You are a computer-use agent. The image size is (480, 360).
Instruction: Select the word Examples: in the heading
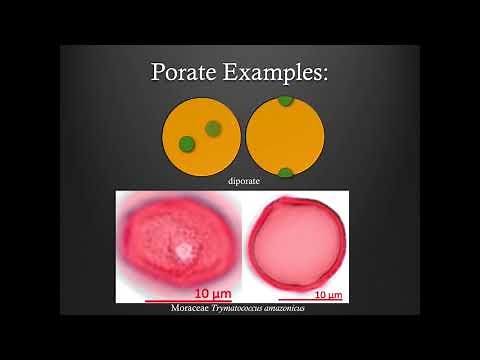click(x=279, y=73)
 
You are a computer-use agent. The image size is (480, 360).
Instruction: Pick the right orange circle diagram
click(x=285, y=137)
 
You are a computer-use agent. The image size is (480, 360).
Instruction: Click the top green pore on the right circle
click(x=285, y=100)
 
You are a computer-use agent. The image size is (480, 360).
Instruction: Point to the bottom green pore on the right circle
click(x=285, y=173)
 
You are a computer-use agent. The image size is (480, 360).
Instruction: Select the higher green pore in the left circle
click(x=213, y=128)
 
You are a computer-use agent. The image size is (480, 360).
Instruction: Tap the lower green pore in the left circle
click(x=186, y=145)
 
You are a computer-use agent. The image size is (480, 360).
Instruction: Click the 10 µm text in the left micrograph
click(x=211, y=294)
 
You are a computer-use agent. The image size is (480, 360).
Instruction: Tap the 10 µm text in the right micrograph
click(x=328, y=296)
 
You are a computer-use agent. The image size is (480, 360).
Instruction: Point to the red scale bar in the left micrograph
click(x=191, y=300)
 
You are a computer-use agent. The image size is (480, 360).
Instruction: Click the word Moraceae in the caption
click(x=193, y=308)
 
